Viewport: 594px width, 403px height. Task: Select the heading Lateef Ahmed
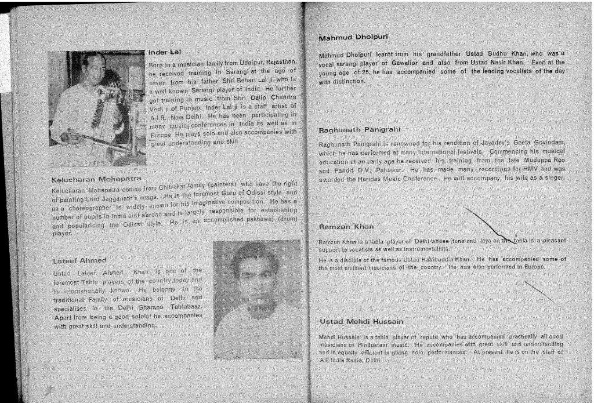[x=79, y=260]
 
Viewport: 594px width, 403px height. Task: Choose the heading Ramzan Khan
[x=346, y=226]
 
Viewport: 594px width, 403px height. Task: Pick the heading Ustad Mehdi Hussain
[x=361, y=321]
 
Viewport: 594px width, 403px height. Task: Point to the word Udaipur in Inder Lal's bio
[x=252, y=62]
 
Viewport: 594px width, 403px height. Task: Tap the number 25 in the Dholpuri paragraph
[x=367, y=71]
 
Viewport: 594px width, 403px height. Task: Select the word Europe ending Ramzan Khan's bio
[x=532, y=267]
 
